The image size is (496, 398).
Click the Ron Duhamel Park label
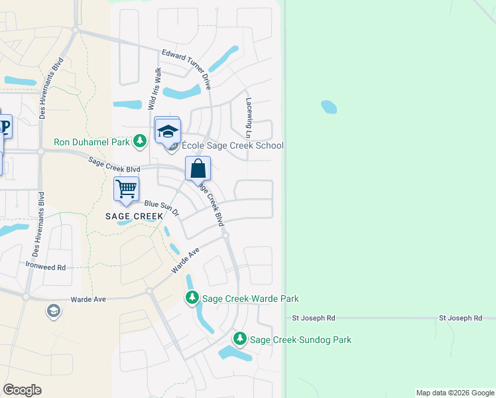tap(92, 142)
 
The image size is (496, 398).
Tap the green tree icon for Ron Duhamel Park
tap(140, 141)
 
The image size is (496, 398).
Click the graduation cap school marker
tap(168, 130)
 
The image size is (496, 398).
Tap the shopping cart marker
tap(126, 189)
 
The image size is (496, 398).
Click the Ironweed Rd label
tap(46, 267)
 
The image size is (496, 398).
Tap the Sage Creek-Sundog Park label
tap(300, 340)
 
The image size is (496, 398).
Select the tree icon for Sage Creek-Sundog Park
tap(240, 339)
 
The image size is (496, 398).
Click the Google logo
tap(22, 390)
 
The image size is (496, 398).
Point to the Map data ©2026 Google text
tap(454, 393)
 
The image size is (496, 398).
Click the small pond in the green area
tap(328, 106)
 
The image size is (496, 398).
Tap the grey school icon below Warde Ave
tap(53, 310)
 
